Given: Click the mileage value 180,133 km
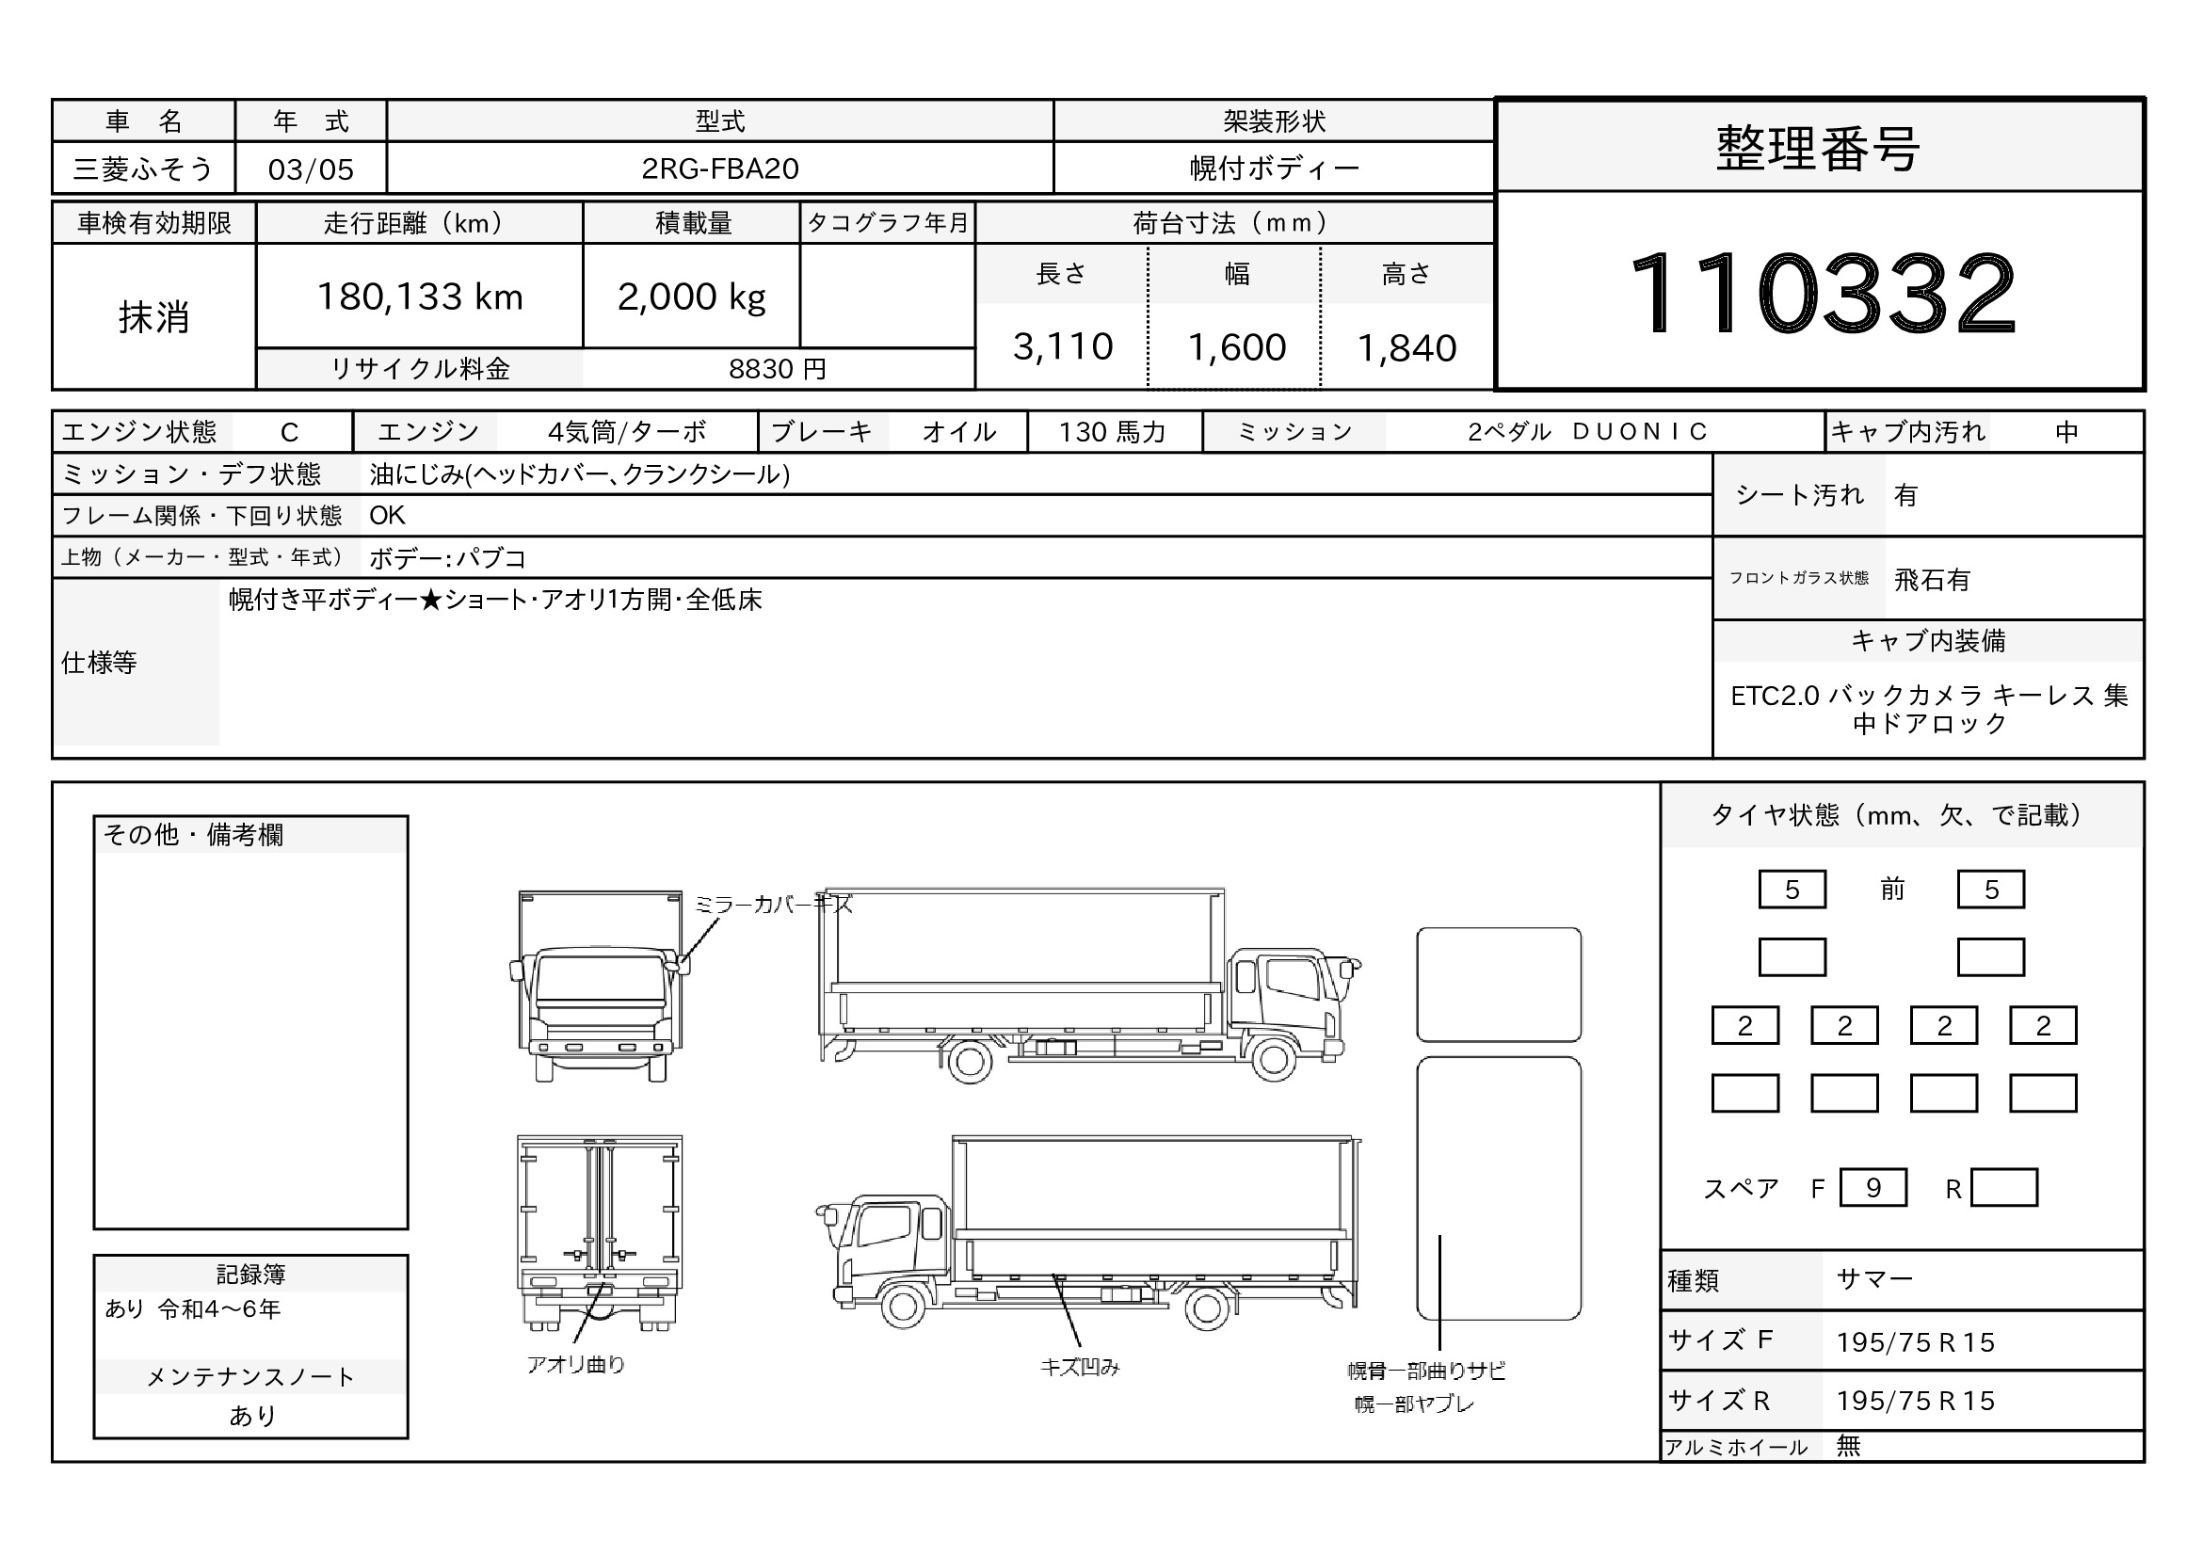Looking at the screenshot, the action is [420, 297].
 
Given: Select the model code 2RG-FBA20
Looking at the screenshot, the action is [720, 168].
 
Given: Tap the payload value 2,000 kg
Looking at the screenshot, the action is [692, 297].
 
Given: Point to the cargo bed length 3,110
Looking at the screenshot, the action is [1063, 347].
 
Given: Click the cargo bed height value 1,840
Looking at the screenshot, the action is [1406, 348].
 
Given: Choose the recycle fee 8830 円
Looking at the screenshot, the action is [777, 369].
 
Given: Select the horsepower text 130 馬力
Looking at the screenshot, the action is [1113, 432].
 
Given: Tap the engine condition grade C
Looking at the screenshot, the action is [290, 432].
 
